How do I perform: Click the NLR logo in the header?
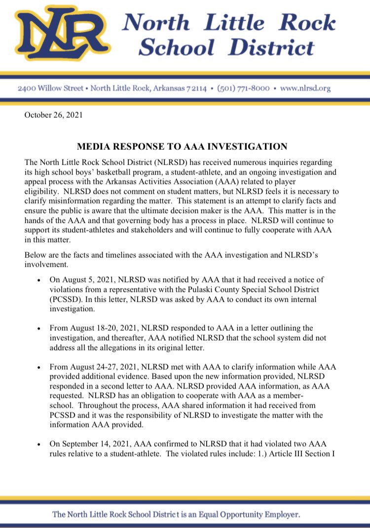[62, 33]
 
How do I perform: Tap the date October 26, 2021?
[54, 116]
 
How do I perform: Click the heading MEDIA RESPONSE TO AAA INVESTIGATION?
[182, 146]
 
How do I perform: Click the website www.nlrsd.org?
[305, 89]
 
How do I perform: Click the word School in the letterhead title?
[176, 47]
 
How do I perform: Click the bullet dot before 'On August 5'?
[39, 280]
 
